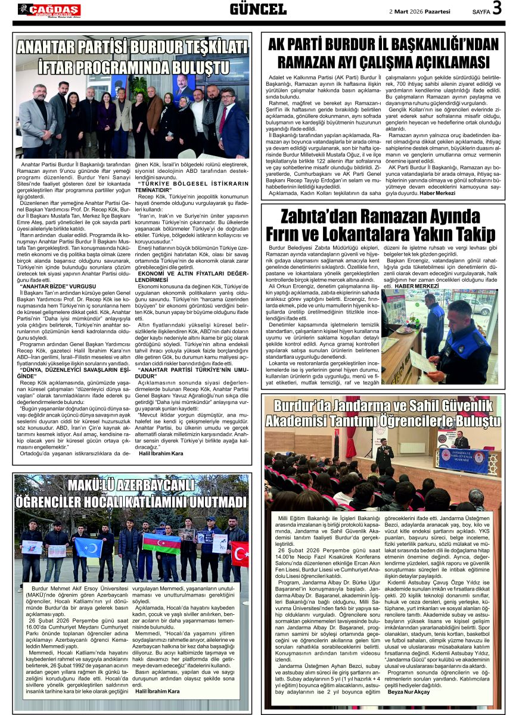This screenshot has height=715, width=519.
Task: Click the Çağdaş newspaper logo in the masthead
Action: coord(49,10)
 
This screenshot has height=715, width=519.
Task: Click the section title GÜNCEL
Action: coord(258,9)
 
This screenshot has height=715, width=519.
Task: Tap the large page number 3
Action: coord(497,8)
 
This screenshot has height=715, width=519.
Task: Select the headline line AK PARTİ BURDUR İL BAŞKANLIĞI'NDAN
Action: coord(383,45)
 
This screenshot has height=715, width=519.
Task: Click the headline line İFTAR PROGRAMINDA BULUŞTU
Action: coord(132,65)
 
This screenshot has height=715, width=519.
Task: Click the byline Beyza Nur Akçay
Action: coord(408,691)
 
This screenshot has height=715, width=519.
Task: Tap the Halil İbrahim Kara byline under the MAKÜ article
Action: coord(157,691)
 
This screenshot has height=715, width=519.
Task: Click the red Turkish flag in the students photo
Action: coord(240,553)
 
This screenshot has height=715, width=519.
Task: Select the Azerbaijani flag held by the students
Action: coord(161,543)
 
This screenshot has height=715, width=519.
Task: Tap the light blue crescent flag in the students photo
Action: coord(88,547)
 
